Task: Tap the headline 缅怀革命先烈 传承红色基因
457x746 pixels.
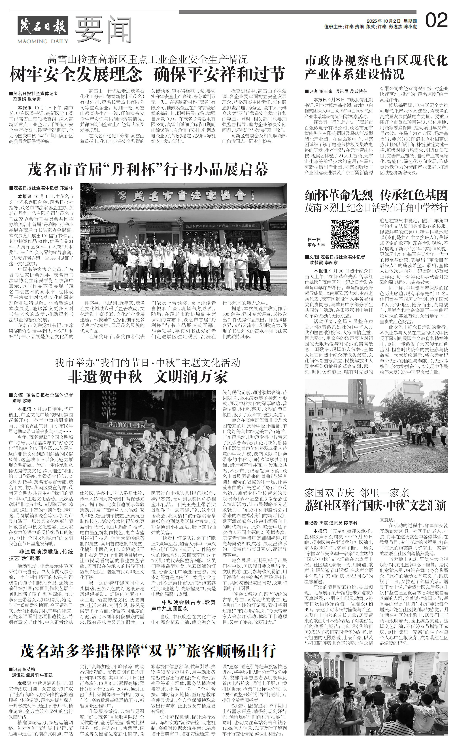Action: tap(376, 194)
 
